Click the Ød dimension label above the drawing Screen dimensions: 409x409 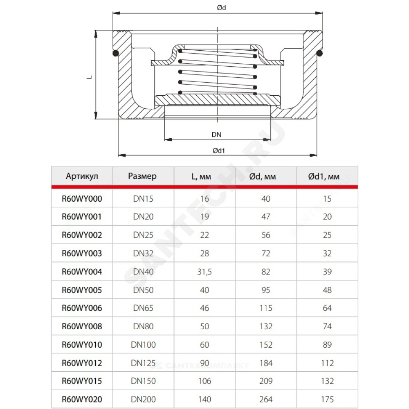(x=221, y=8)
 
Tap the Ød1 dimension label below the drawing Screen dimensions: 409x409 (x=218, y=151)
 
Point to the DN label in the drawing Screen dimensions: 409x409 (x=216, y=135)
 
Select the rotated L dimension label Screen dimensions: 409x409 (x=90, y=77)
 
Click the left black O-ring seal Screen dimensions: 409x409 (x=116, y=53)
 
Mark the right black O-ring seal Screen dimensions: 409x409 (x=319, y=53)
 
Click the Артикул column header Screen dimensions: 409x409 (x=82, y=176)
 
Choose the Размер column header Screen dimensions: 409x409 (x=142, y=176)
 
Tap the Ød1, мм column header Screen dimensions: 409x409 (x=324, y=177)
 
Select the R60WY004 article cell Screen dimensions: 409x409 (x=82, y=272)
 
